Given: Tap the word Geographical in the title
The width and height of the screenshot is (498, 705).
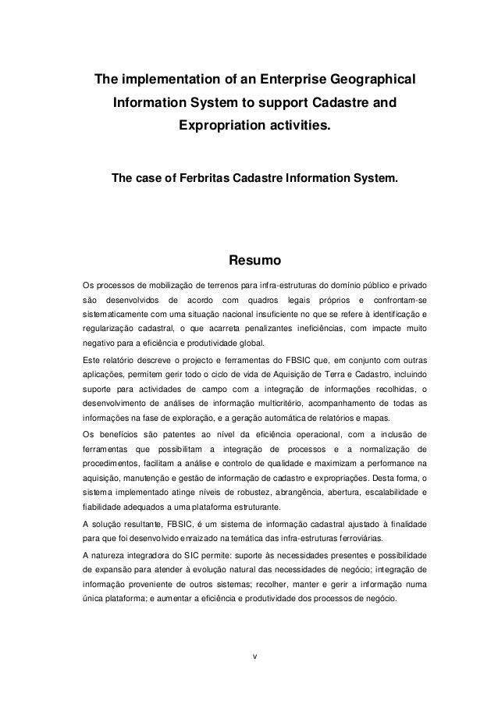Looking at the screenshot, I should pyautogui.click(x=372, y=80).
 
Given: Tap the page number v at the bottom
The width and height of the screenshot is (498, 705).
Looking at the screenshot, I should pyautogui.click(x=249, y=653).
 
